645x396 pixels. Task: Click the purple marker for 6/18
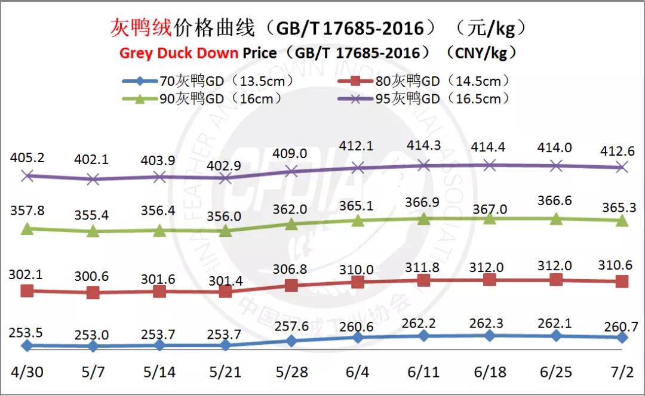point(490,165)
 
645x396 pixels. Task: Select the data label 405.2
point(26,158)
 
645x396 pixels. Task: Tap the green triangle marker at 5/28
point(291,224)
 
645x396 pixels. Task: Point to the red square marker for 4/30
point(26,291)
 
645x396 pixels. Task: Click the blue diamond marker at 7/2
point(622,338)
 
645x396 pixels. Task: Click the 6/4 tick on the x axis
point(357,372)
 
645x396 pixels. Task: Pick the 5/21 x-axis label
point(225,372)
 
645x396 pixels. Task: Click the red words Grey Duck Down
point(179,53)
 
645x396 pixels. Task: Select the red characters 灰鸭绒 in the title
point(141,27)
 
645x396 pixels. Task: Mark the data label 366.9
point(423,203)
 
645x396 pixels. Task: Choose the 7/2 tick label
point(621,372)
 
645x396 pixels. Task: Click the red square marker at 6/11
point(423,280)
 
